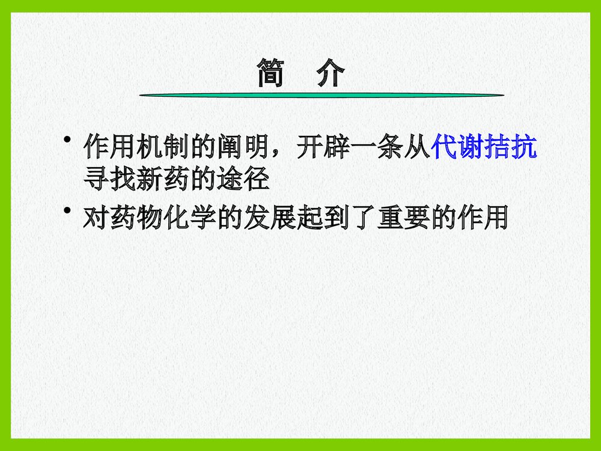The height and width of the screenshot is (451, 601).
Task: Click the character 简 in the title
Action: (x=272, y=73)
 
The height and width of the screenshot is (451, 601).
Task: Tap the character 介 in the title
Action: (x=330, y=73)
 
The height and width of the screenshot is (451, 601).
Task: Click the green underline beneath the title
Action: (x=322, y=95)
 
